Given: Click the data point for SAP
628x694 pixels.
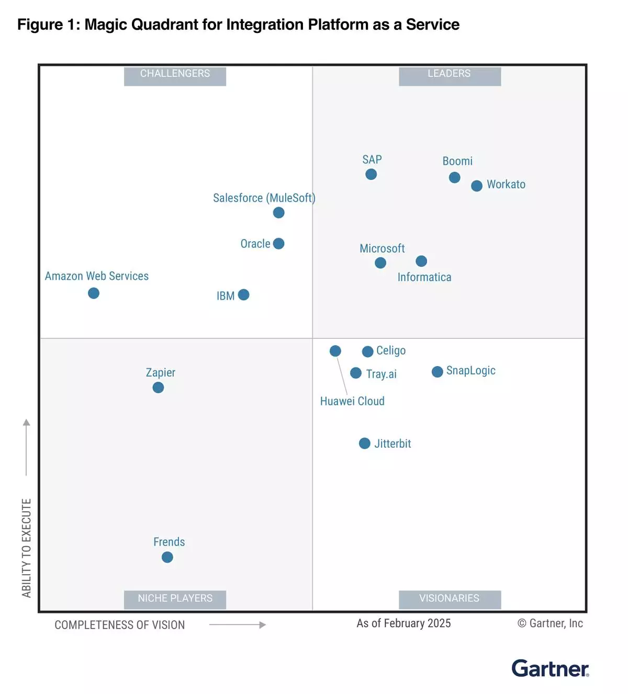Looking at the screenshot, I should tap(371, 174).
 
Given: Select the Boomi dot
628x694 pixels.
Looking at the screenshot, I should tap(455, 177).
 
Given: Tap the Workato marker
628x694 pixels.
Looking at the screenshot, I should tap(477, 186).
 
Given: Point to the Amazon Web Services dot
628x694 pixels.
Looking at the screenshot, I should tap(94, 293).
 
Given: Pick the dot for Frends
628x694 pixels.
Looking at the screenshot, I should tap(167, 557).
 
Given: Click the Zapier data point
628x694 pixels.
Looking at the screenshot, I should tap(158, 388).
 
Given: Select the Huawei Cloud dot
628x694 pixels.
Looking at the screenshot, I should tap(335, 351).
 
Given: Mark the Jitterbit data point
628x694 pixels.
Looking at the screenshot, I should tap(365, 443).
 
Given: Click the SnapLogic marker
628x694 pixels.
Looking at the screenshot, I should tap(438, 372).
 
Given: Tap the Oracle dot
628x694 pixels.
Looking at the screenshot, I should tap(279, 244).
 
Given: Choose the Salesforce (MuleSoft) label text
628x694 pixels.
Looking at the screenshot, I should tap(264, 198).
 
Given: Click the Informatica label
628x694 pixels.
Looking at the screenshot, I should tap(424, 277).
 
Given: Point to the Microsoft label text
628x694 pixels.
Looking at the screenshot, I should tap(382, 248).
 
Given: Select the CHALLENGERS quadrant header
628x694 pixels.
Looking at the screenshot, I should tap(175, 74).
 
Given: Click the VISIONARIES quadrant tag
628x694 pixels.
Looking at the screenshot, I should tap(450, 598).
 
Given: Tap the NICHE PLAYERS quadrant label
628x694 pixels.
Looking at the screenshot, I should tap(175, 598).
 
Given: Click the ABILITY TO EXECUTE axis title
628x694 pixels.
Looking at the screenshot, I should tap(27, 548).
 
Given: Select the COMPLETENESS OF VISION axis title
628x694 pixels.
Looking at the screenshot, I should tap(120, 625).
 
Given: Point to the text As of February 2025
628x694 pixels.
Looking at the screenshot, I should tap(403, 623).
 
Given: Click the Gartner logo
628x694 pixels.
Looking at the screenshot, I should tap(550, 669).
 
